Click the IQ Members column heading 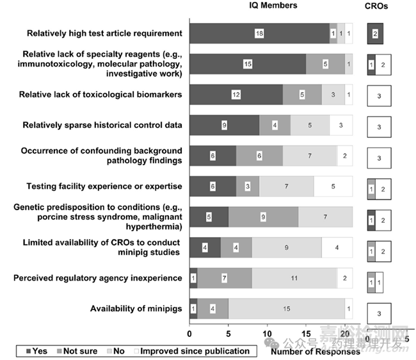[272, 6]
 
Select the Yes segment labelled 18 [259, 33]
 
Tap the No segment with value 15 [286, 309]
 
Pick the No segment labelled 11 [294, 279]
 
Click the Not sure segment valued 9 [263, 217]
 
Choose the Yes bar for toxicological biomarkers [236, 95]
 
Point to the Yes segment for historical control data [224, 126]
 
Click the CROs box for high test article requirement [375, 33]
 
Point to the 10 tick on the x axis [268, 334]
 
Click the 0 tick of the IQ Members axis [189, 334]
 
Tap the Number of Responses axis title [310, 351]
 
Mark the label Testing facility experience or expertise [104, 186]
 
